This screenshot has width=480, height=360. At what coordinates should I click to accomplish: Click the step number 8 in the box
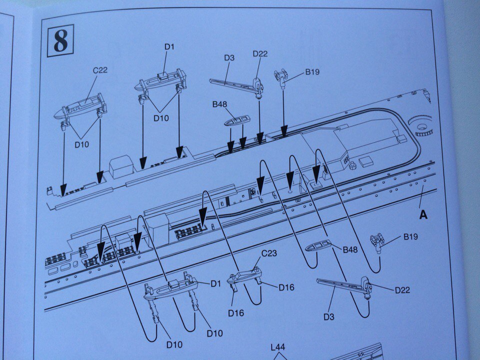[x=60, y=40]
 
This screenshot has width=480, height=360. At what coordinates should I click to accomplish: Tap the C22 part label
[x=100, y=70]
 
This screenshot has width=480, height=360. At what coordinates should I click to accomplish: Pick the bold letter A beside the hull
[x=423, y=214]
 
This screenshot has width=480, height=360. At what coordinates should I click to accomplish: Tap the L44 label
[x=278, y=347]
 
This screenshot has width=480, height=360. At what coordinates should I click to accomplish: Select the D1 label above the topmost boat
[x=169, y=47]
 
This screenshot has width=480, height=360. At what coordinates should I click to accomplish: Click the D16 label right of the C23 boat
[x=286, y=287]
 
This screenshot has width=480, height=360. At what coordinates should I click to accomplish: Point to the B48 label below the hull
[x=350, y=249]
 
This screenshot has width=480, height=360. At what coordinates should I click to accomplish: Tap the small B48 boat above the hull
[x=237, y=120]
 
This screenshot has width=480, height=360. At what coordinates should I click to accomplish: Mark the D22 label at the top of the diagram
[x=260, y=54]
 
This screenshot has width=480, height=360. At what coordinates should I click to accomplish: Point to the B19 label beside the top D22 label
[x=312, y=72]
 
